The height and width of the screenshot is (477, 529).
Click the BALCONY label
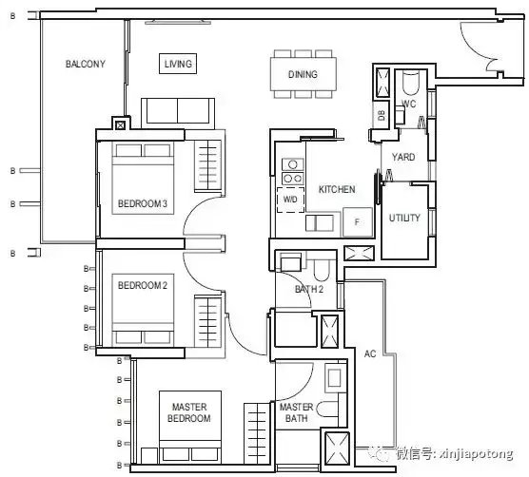coord(86,64)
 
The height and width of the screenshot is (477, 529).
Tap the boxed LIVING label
coord(178,64)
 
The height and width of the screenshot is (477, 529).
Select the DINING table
coord(304,74)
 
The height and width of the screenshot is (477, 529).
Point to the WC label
coord(408,104)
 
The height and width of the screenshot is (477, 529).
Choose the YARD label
coord(403,157)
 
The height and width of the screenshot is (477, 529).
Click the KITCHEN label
coord(337,189)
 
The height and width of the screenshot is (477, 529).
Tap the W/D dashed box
coord(290,200)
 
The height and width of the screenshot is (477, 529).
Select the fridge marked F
coord(358,221)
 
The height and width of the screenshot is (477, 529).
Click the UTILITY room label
coord(404,218)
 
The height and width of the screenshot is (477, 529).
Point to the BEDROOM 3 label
coord(143,203)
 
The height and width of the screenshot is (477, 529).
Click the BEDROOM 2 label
coord(143,285)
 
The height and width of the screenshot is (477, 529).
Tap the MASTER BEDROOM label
coord(189,412)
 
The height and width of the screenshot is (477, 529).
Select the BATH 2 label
coord(309,289)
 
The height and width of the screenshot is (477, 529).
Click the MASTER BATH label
coord(296,412)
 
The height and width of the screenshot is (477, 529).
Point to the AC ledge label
coord(370,353)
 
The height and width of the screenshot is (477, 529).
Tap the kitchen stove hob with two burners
coord(293,178)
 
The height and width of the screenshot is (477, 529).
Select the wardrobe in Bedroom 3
coord(207,165)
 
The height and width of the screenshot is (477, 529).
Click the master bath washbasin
coord(335,378)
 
